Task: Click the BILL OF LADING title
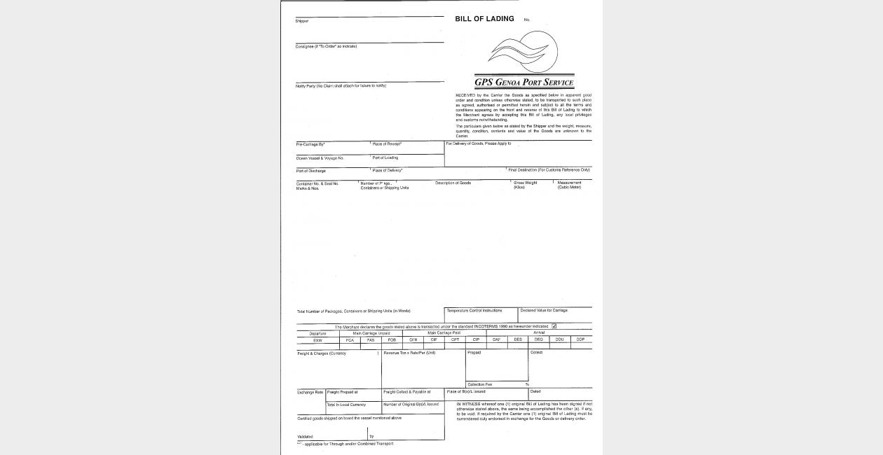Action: coord(484,19)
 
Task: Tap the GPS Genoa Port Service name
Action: coord(524,82)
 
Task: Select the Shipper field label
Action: coord(302,21)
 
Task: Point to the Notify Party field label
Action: coord(341,86)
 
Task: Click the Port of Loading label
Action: coord(385,158)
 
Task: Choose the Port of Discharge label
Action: coord(311,171)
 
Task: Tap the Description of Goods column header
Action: coord(453,183)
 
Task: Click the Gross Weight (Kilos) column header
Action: coord(526,185)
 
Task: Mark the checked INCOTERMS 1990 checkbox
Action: coord(554,326)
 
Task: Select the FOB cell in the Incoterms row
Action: coord(392,339)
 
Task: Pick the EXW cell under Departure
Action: coord(317,339)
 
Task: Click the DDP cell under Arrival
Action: coord(580,339)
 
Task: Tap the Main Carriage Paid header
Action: coord(444,333)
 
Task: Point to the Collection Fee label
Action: coord(479,384)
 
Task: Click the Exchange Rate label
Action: coord(310,392)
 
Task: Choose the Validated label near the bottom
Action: coord(306,437)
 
